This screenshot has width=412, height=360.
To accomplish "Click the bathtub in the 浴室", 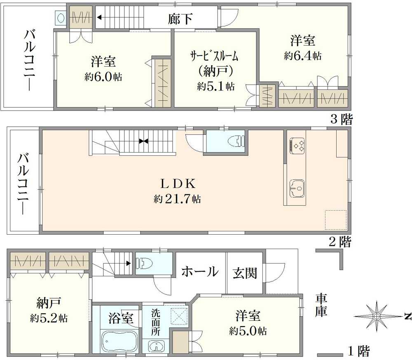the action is pyautogui.click(x=119, y=341).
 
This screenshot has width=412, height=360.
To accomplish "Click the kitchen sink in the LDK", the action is pyautogui.click(x=297, y=188).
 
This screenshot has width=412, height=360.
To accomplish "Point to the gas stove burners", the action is pyautogui.click(x=297, y=146).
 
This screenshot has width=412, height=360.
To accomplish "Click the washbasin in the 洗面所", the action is pyautogui.click(x=156, y=346).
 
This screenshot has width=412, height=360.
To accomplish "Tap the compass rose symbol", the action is pyautogui.click(x=377, y=316).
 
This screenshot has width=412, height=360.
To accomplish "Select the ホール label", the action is pyautogui.click(x=200, y=271).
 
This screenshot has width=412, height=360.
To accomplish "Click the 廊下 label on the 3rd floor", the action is pyautogui.click(x=180, y=19).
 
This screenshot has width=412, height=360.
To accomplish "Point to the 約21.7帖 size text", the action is pyautogui.click(x=177, y=199).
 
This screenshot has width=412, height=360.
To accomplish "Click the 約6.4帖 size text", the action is pyautogui.click(x=303, y=56).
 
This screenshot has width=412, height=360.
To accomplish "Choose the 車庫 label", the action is pyautogui.click(x=321, y=305).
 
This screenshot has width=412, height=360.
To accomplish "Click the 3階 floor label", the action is pyautogui.click(x=341, y=120).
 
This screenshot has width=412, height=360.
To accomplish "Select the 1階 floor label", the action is pyautogui.click(x=359, y=351).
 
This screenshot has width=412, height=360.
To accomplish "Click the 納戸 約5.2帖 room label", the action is pyautogui.click(x=49, y=310).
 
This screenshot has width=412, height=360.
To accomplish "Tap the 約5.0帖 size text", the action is pyautogui.click(x=248, y=331).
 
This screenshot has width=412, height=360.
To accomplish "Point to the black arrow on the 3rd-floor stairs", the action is pyautogui.click(x=100, y=18).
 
